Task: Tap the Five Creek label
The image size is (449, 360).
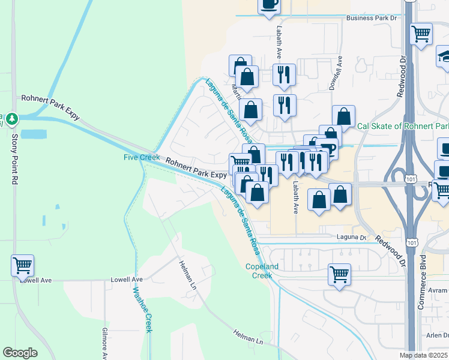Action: point(138,157)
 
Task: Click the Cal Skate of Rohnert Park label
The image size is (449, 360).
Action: point(402,127)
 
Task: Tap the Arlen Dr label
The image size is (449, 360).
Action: point(438,335)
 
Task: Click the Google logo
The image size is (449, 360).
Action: point(20,353)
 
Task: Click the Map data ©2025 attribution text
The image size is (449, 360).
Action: point(424,355)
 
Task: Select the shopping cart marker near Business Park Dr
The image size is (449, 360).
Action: point(421,34)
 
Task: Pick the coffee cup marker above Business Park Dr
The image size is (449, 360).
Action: point(268,5)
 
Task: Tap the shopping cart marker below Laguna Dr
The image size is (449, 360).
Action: point(339,275)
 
